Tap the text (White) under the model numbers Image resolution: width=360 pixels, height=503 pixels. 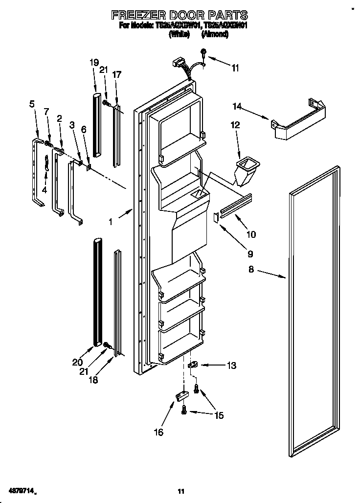point(179,34)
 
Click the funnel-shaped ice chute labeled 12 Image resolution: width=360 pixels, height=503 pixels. point(247,170)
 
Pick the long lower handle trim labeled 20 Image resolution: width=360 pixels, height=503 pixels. point(98,289)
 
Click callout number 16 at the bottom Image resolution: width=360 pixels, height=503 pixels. point(158,432)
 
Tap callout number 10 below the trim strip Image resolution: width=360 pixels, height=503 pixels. point(250,234)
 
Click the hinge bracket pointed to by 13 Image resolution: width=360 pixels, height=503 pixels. point(192,365)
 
